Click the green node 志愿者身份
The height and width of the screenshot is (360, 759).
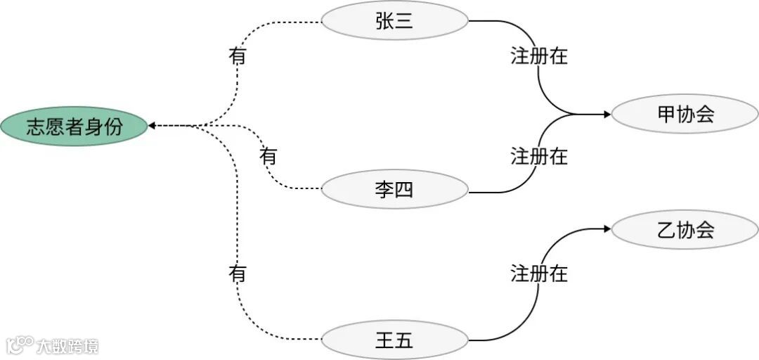(x=74, y=127)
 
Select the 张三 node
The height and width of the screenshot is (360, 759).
(x=394, y=21)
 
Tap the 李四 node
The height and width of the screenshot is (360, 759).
(x=394, y=189)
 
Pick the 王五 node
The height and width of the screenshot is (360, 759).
(x=394, y=341)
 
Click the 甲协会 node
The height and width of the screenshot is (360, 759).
(x=685, y=114)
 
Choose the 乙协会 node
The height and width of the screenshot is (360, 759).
(x=685, y=229)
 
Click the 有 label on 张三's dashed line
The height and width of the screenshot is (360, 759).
(x=238, y=56)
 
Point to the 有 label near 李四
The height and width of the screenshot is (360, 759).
(x=268, y=155)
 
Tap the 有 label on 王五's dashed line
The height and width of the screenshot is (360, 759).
(x=238, y=274)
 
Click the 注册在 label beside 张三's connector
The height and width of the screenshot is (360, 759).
(x=539, y=56)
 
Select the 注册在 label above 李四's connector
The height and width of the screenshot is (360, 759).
(x=539, y=155)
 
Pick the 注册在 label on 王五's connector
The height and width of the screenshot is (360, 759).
(x=539, y=274)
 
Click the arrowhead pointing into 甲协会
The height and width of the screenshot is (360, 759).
(x=605, y=114)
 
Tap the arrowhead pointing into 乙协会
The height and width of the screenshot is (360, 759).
(x=605, y=229)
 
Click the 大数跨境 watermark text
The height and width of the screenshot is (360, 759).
(x=69, y=346)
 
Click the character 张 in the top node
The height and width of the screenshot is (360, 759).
(x=384, y=21)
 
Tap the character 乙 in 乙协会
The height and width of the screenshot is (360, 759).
(x=666, y=229)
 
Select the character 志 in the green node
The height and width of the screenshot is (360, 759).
(x=36, y=127)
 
